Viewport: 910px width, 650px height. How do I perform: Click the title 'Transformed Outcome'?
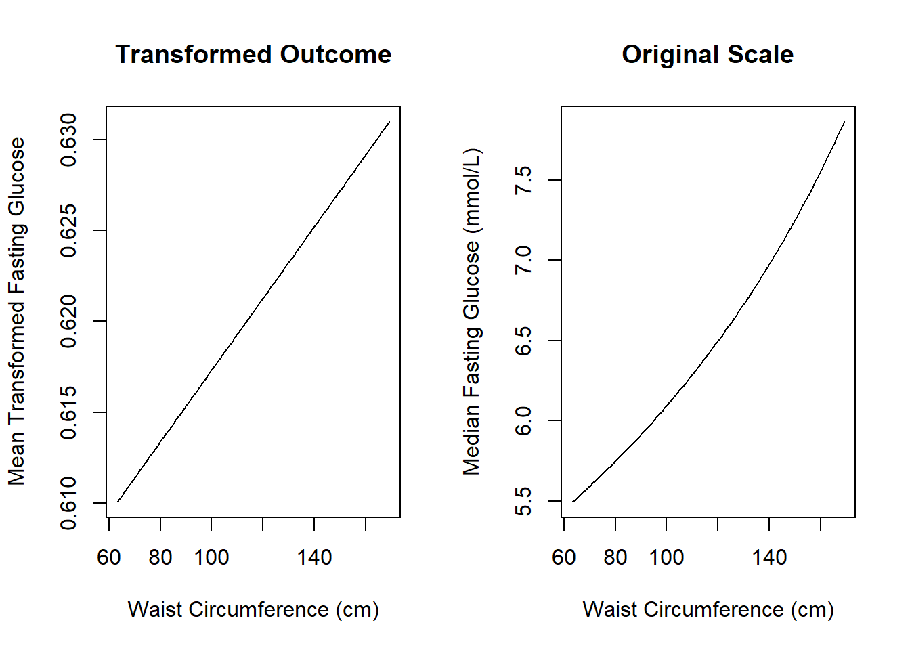coord(253,54)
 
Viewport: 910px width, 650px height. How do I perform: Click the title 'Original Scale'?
coord(708,54)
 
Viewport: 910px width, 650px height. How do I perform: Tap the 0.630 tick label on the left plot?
coord(69,139)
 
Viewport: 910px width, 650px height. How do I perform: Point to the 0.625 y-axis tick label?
coord(69,230)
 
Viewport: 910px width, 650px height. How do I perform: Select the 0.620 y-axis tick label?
coord(69,321)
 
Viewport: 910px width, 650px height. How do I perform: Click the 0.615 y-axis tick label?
coord(69,412)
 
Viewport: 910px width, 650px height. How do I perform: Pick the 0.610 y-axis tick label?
coord(69,503)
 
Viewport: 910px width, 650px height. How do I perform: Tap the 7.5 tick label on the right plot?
coord(524,180)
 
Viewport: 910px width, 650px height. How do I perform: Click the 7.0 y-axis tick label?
coord(524,260)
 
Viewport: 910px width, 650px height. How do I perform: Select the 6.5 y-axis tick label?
coord(524,341)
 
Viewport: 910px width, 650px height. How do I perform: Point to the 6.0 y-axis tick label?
coord(524,420)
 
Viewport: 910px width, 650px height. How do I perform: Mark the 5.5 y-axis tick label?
coord(524,501)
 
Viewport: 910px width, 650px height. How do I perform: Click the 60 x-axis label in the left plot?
coord(109,557)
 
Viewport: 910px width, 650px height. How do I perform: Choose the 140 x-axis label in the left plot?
coord(314,557)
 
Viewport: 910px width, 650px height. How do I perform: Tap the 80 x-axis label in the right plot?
coord(615,557)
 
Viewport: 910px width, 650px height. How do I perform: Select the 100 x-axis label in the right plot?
coord(666,557)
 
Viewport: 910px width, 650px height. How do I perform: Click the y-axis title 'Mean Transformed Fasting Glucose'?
coord(16,311)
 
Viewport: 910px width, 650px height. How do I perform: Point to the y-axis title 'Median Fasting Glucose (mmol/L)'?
coord(471,311)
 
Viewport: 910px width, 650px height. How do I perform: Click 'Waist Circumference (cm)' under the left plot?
coord(253,609)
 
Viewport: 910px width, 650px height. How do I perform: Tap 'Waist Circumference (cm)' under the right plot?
coord(708,609)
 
